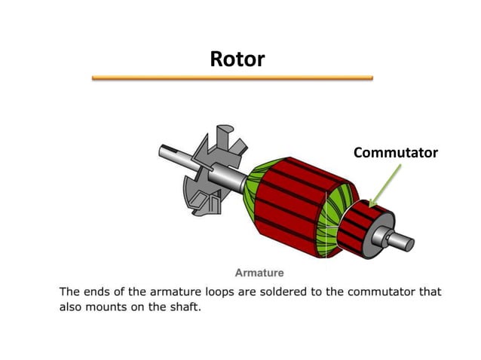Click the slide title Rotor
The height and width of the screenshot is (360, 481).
click(237, 59)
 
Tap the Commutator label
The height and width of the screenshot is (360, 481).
click(395, 153)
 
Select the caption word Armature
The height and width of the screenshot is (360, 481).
click(259, 272)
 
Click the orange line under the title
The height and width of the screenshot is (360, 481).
click(232, 78)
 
